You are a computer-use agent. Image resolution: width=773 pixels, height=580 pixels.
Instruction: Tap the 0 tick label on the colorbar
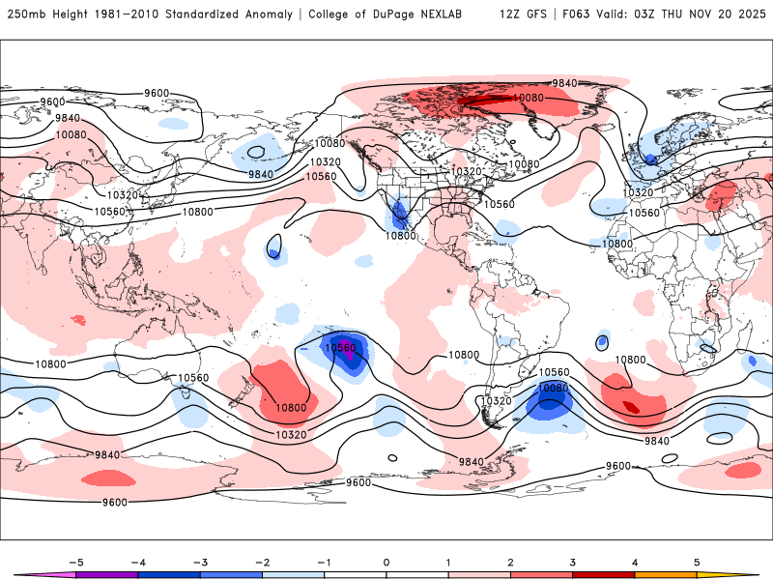click(x=386, y=562)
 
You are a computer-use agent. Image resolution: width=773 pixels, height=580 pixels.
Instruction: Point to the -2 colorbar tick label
click(x=262, y=562)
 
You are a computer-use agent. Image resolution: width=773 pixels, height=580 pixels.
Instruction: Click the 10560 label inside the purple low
click(x=340, y=348)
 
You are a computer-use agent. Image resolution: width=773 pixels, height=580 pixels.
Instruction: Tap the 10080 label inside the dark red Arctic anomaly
click(x=528, y=98)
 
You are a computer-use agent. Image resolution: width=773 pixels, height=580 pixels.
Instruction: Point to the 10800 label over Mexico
click(x=401, y=235)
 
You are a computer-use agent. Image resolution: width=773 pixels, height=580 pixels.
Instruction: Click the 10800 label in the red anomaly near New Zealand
click(x=290, y=408)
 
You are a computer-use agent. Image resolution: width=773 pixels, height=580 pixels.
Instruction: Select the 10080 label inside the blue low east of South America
click(x=554, y=388)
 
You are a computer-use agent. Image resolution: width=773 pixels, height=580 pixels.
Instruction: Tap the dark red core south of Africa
click(x=632, y=407)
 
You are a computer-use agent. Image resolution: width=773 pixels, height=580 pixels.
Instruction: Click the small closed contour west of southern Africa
click(x=603, y=340)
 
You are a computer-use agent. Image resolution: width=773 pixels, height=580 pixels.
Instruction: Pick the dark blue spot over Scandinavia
click(x=650, y=158)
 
